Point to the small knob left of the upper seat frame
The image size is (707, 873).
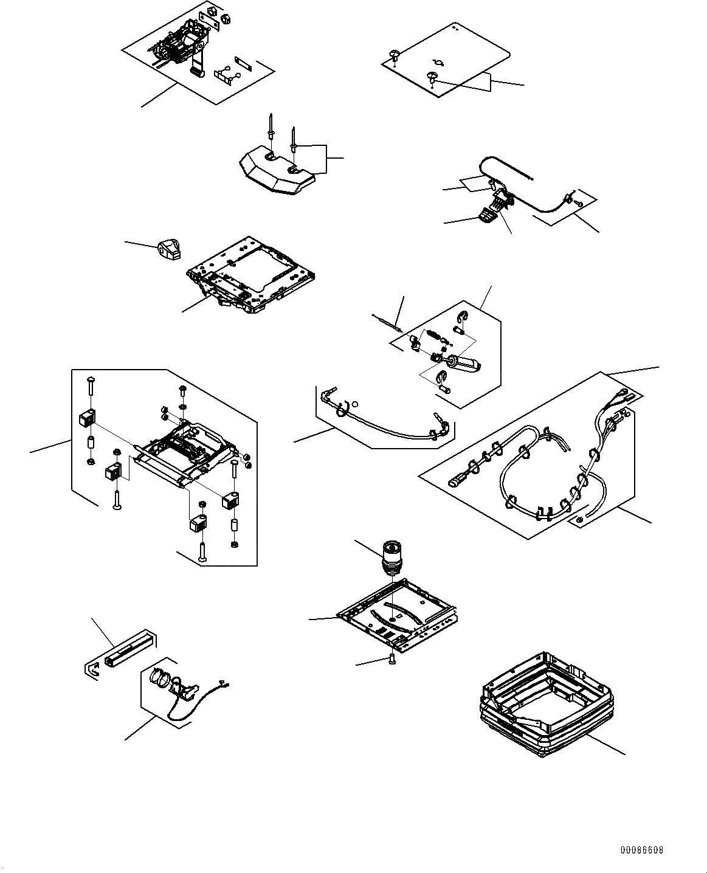167,249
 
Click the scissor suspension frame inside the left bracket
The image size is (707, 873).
179,453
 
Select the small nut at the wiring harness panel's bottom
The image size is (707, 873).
579,519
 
